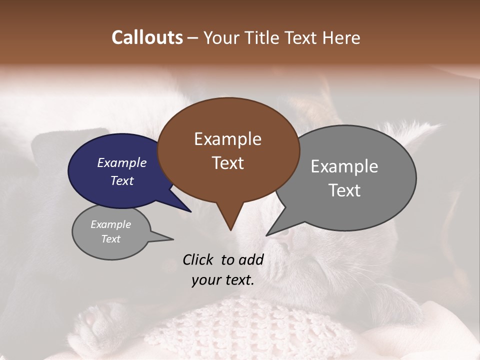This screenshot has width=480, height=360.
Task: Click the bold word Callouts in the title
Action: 147,37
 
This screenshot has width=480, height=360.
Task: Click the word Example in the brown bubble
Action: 227,139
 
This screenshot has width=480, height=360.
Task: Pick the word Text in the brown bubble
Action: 227,163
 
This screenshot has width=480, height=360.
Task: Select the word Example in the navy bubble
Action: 121,162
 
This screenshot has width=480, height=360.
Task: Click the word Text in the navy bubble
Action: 121,180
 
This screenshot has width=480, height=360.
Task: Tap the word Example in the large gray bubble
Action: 344,166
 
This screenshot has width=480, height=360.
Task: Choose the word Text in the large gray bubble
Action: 344,190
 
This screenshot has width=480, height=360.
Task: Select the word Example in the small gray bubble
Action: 110,224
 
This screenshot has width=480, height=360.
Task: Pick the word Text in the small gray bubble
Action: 110,239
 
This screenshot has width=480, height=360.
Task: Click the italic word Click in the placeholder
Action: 198,259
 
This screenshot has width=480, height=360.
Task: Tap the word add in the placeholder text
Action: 251,259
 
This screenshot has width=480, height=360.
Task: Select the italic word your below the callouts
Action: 206,280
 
